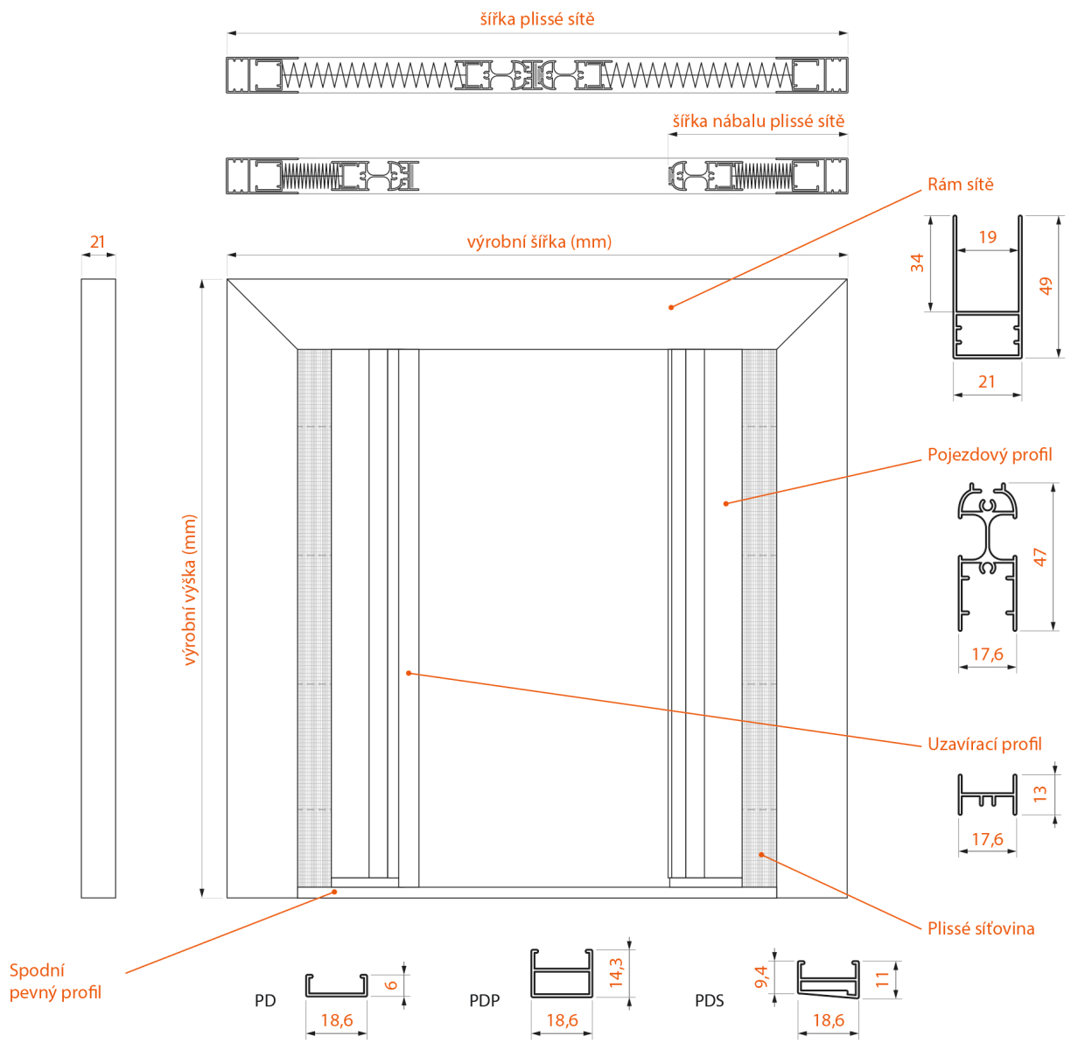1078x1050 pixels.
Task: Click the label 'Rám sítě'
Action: click(960, 185)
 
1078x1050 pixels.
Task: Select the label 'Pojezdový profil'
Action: click(990, 455)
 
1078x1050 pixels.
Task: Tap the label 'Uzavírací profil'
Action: click(984, 745)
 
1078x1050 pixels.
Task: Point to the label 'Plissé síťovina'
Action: click(981, 929)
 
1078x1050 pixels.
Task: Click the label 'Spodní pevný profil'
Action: click(55, 982)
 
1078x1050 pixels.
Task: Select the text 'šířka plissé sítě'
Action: click(537, 19)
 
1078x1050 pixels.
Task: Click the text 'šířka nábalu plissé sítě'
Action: click(759, 122)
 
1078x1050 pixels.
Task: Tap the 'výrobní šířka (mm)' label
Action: click(539, 242)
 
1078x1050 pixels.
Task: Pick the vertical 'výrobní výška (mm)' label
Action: click(190, 590)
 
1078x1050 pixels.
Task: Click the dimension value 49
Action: click(1046, 286)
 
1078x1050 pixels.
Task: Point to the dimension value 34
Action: click(917, 262)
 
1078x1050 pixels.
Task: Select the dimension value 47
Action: click(1039, 557)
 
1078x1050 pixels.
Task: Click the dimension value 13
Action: click(1039, 794)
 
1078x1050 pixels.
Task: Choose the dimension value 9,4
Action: click(761, 977)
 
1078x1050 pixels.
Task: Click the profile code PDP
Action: click(485, 1001)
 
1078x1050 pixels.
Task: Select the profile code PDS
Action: click(710, 1001)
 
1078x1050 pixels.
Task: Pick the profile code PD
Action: click(265, 1001)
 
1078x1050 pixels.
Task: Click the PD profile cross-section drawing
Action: click(336, 985)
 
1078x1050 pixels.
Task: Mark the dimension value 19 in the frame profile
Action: click(988, 237)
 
